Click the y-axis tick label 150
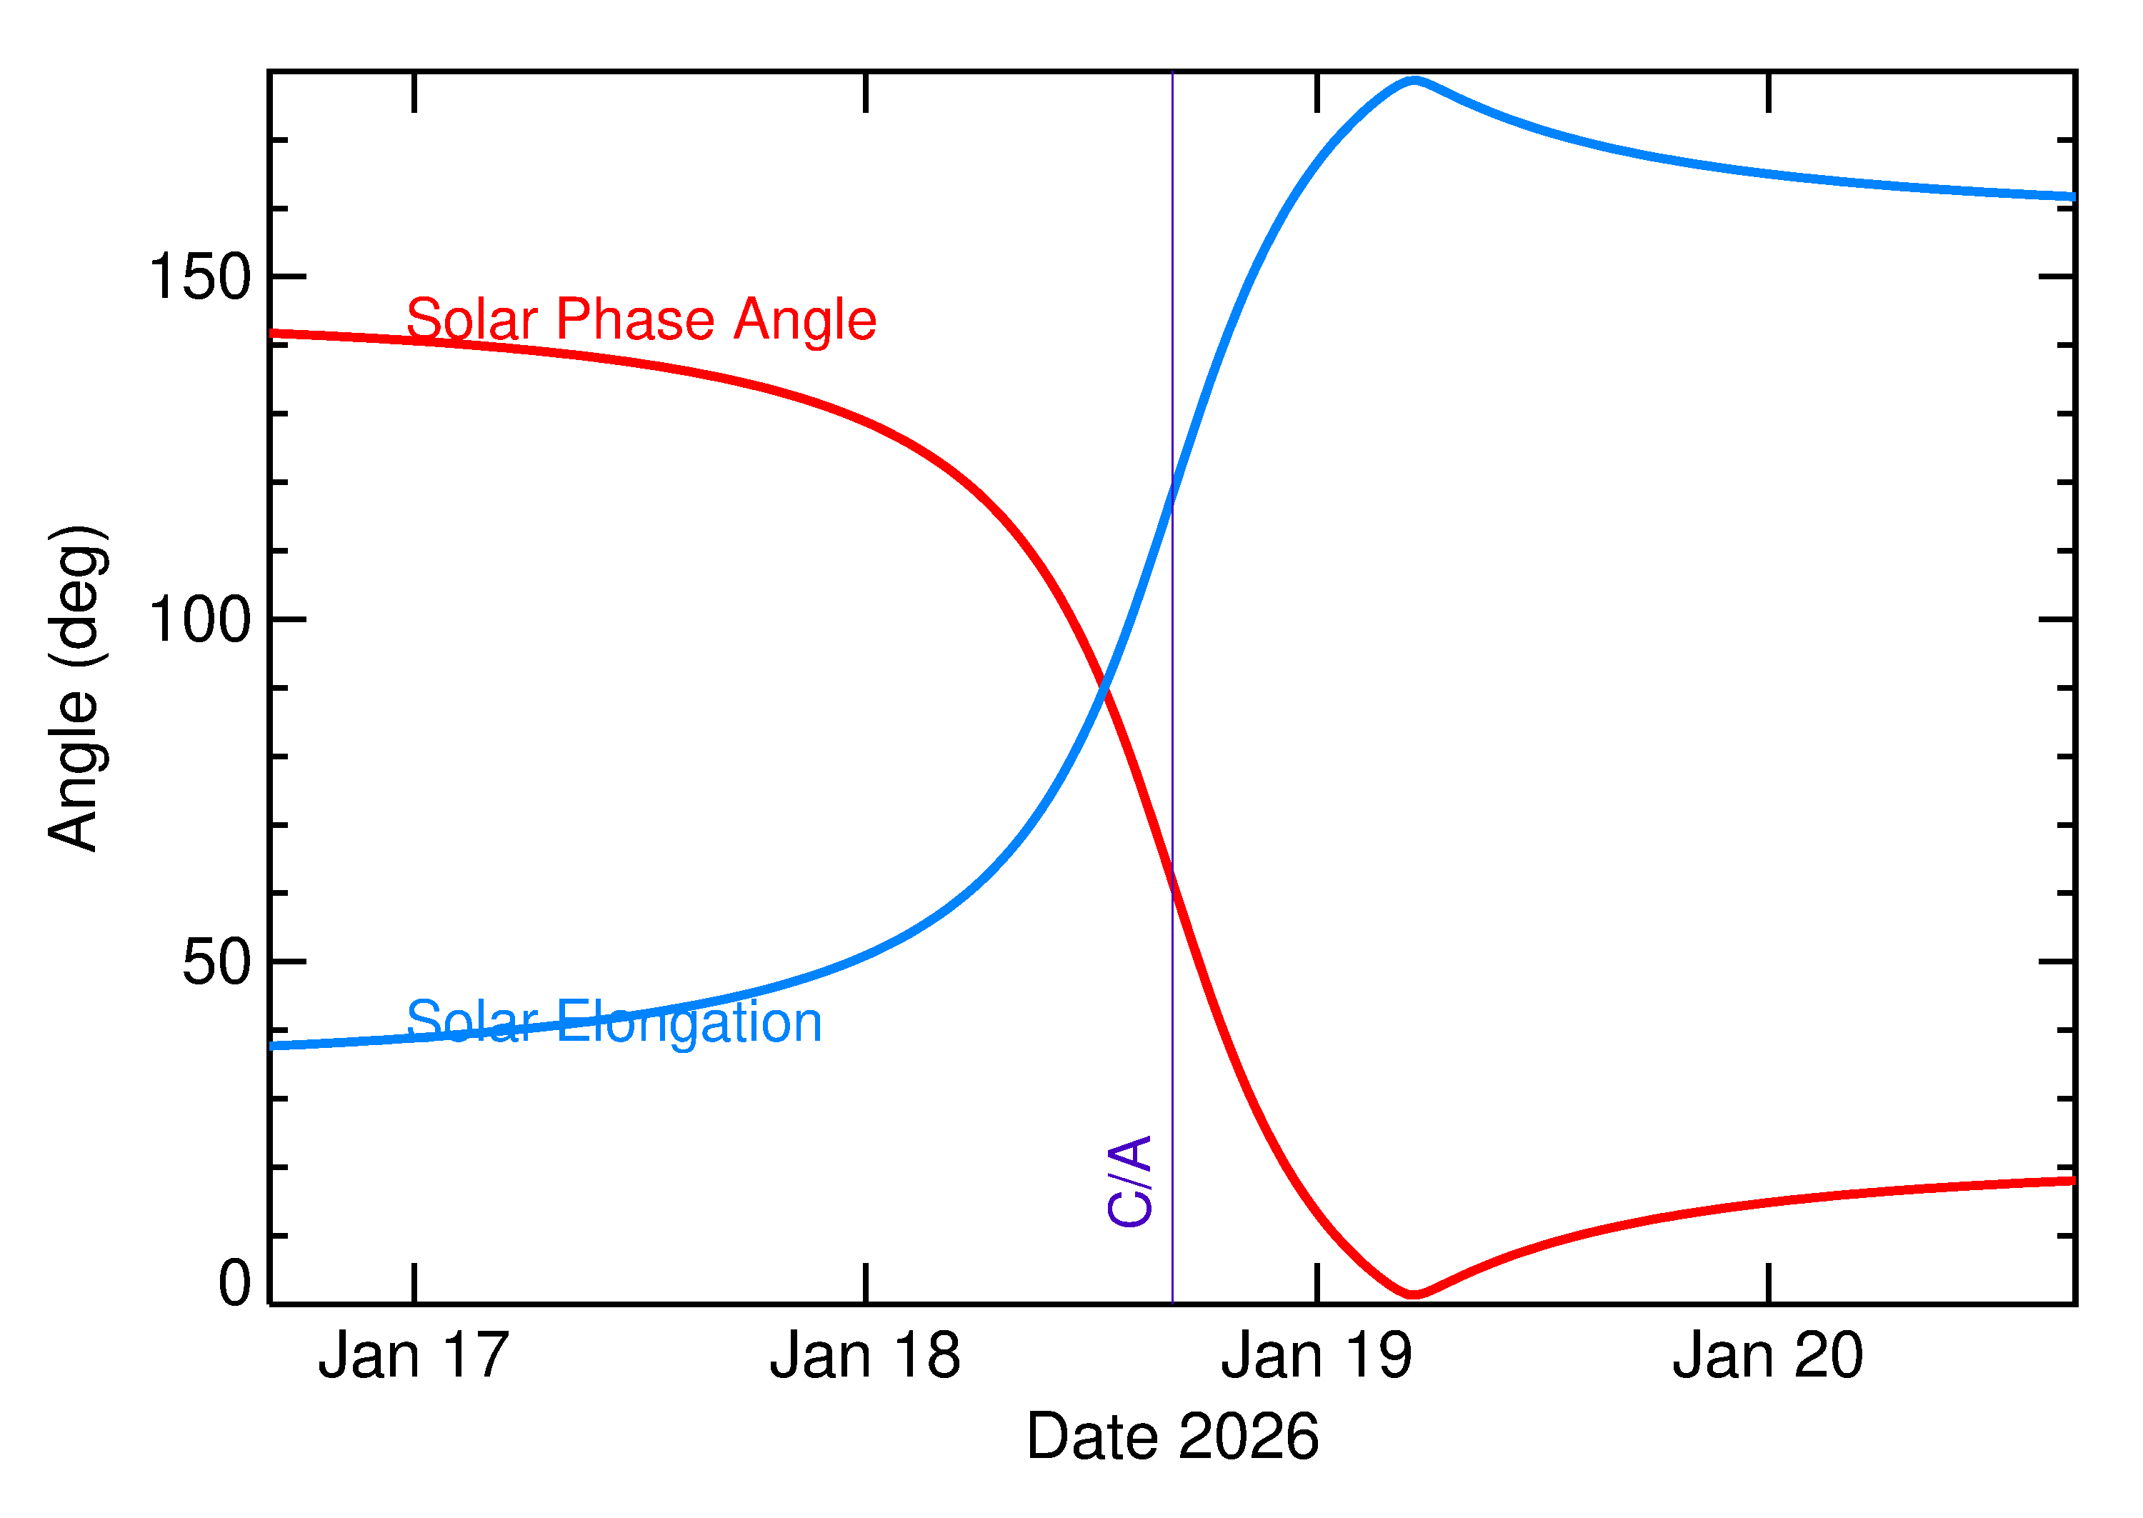pyautogui.click(x=199, y=278)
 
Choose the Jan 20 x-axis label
pyautogui.click(x=1767, y=1357)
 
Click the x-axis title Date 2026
pyautogui.click(x=1172, y=1437)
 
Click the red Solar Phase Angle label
pyautogui.click(x=641, y=320)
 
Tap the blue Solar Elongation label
pyautogui.click(x=614, y=1022)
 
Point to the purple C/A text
pyautogui.click(x=1129, y=1181)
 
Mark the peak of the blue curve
pyautogui.click(x=1414, y=81)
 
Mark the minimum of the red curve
pyautogui.click(x=1413, y=1294)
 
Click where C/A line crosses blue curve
pyautogui.click(x=1172, y=493)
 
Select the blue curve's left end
pyautogui.click(x=273, y=1046)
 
